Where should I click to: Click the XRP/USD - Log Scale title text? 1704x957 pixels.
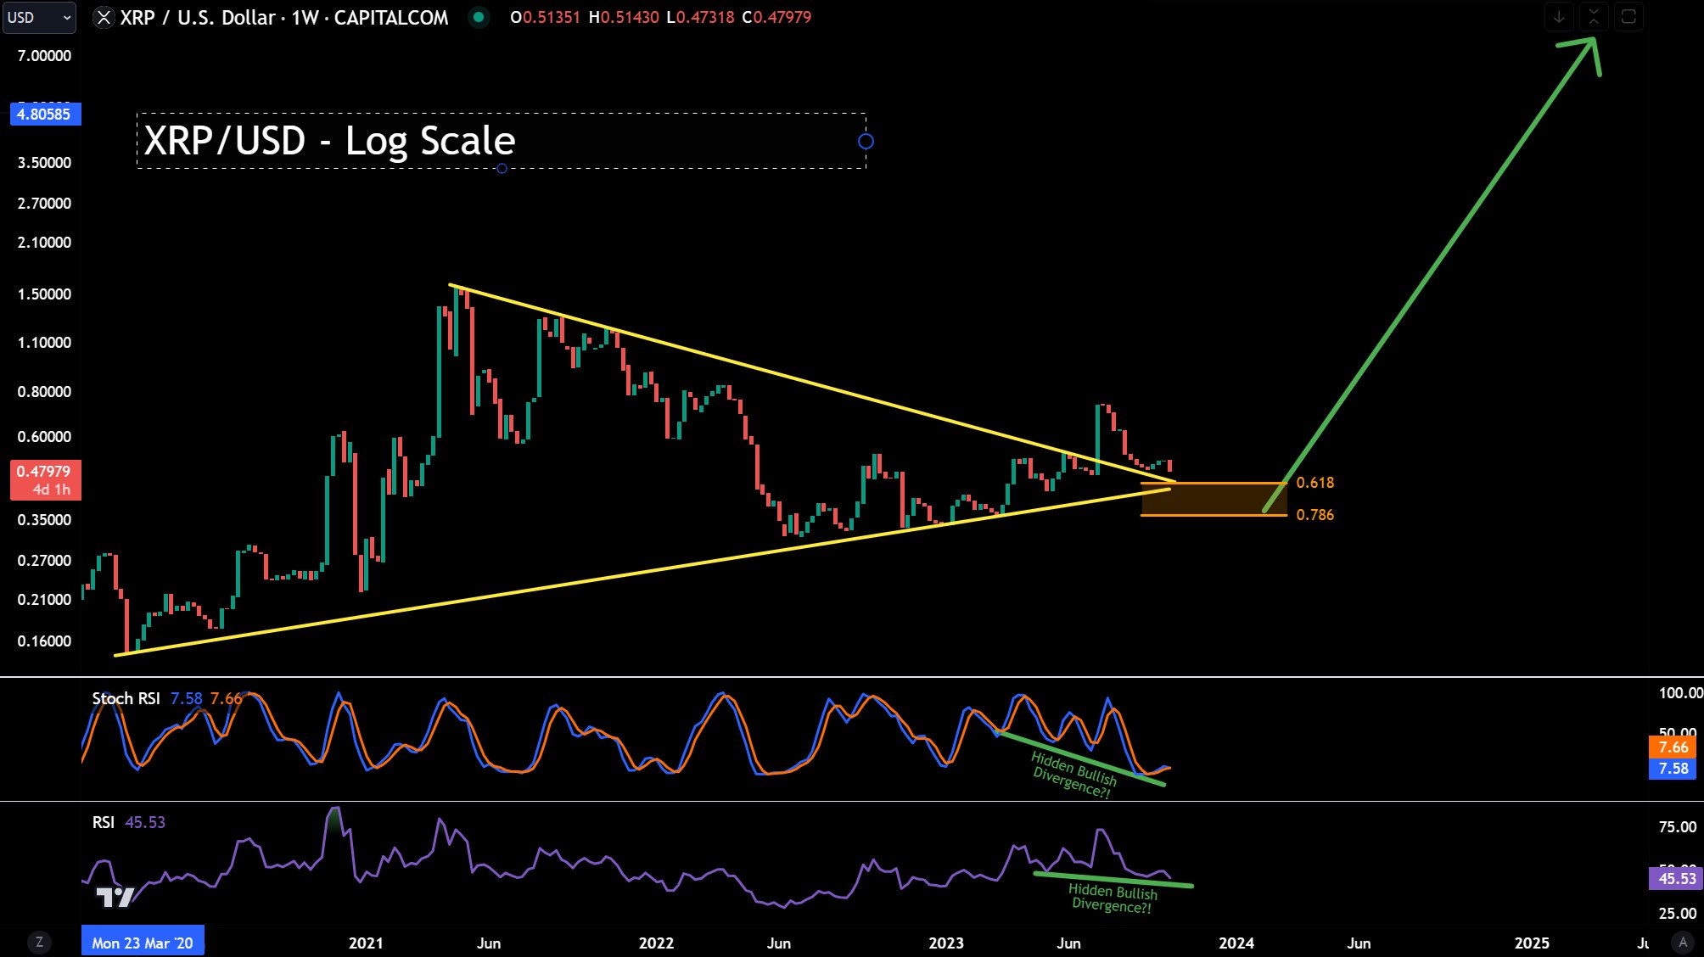coord(329,141)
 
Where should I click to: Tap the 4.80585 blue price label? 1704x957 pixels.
coord(45,114)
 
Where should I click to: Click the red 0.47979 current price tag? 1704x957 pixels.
coord(45,480)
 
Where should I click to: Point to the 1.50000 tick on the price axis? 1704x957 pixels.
coord(44,294)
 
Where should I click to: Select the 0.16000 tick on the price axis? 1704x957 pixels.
coord(44,641)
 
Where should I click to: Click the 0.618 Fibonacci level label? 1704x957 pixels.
coord(1314,483)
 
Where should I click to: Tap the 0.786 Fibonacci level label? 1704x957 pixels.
coord(1314,515)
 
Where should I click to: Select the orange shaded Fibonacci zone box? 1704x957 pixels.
coord(1214,499)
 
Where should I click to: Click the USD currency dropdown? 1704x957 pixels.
coord(39,17)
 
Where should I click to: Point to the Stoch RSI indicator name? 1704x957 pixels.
coord(126,698)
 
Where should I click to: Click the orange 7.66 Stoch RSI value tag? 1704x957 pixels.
coord(1673,747)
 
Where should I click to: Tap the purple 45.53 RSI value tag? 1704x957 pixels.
coord(1676,878)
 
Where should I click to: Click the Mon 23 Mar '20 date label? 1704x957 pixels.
coord(143,943)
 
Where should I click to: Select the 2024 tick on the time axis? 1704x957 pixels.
coord(1236,943)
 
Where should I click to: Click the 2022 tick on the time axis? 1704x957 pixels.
coord(656,943)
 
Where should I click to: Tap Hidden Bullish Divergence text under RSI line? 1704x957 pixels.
coord(1112,898)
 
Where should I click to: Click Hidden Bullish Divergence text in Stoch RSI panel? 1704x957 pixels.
coord(1073,774)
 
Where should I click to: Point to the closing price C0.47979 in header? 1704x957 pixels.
coord(776,17)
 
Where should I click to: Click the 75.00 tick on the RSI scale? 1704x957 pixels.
coord(1677,827)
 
